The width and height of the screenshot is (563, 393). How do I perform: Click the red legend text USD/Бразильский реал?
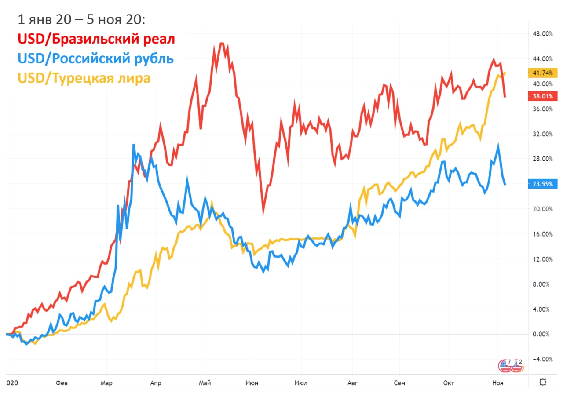[96, 39]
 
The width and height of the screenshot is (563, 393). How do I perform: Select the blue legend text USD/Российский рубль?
[95, 58]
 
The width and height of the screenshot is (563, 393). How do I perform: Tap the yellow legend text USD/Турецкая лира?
[84, 78]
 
